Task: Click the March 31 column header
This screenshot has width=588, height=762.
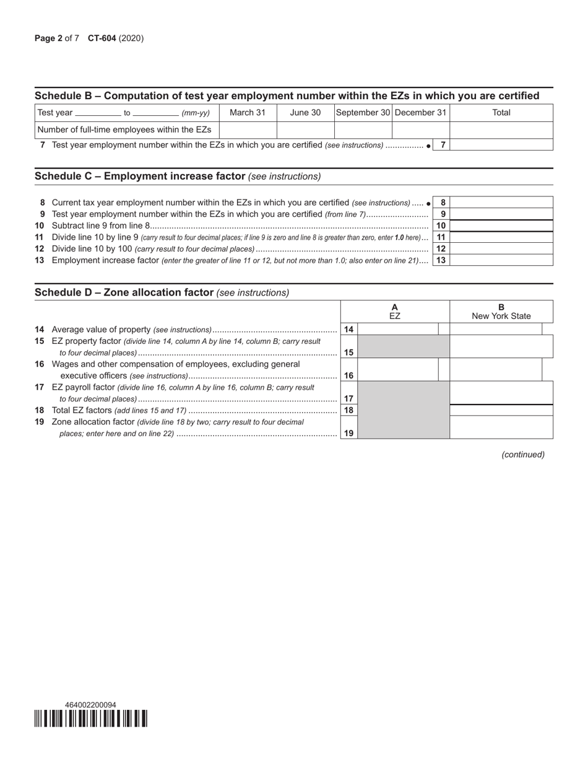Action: (x=248, y=113)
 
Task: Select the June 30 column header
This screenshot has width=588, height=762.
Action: (x=305, y=113)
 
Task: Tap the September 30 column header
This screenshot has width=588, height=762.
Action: (x=363, y=113)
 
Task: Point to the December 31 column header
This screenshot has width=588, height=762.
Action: (x=420, y=113)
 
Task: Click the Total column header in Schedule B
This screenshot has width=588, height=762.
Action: (x=501, y=113)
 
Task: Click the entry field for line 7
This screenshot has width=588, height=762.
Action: (x=501, y=145)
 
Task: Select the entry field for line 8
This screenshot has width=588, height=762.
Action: (x=501, y=203)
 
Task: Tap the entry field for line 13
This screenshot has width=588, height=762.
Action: (x=501, y=260)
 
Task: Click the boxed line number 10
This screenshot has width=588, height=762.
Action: (x=441, y=226)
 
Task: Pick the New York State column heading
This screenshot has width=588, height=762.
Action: (x=501, y=316)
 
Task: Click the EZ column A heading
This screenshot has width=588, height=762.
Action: (x=395, y=312)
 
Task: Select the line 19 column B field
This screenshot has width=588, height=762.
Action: (x=501, y=427)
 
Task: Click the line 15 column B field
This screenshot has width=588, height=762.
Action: (x=501, y=347)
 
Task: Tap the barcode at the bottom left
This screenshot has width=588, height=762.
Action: (x=91, y=719)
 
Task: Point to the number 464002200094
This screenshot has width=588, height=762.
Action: (x=90, y=705)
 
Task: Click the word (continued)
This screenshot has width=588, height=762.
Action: (x=523, y=455)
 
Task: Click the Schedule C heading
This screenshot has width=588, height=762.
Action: (x=140, y=177)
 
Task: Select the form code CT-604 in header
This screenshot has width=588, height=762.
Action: (x=102, y=38)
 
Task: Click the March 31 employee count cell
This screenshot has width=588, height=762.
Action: (x=248, y=129)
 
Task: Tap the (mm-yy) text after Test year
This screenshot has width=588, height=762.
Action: (x=196, y=113)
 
